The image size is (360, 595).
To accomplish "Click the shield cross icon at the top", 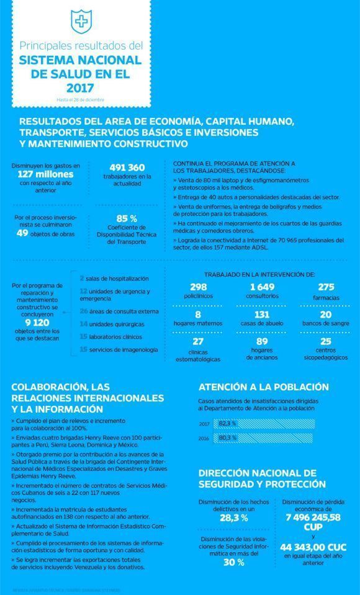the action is pyautogui.click(x=80, y=23).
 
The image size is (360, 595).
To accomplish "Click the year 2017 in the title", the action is pyautogui.click(x=81, y=87).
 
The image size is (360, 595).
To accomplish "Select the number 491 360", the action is pyautogui.click(x=127, y=168).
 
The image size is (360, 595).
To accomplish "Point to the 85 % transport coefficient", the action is pyautogui.click(x=127, y=218).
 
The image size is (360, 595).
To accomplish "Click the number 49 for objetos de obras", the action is pyautogui.click(x=23, y=233).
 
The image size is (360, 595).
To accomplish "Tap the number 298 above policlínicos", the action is pyautogui.click(x=198, y=287).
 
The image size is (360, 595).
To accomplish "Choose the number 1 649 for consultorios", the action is pyautogui.click(x=261, y=287).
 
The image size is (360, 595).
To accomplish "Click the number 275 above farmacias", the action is pyautogui.click(x=325, y=287).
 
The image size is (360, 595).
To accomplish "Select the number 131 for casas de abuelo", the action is pyautogui.click(x=261, y=315).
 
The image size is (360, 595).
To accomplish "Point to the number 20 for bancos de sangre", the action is pyautogui.click(x=325, y=315).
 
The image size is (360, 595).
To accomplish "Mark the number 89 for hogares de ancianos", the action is pyautogui.click(x=261, y=341).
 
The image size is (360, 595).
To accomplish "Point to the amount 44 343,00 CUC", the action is pyautogui.click(x=312, y=547).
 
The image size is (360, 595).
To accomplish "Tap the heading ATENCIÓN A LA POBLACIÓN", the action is pyautogui.click(x=263, y=387).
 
